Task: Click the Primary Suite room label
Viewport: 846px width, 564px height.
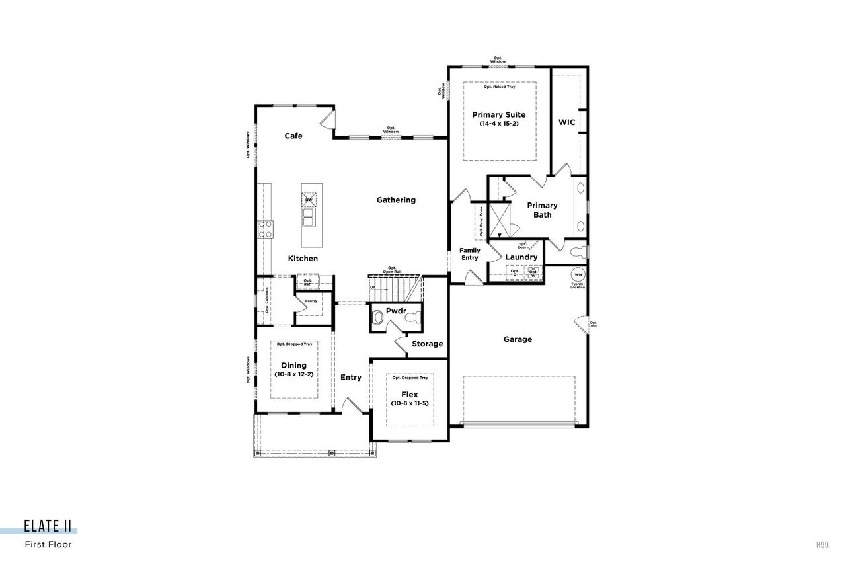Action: click(498, 115)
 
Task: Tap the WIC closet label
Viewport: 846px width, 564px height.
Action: click(566, 122)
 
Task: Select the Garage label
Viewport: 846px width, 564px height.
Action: click(518, 339)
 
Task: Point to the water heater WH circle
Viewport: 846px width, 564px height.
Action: click(578, 274)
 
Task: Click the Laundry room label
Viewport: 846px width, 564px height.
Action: click(521, 257)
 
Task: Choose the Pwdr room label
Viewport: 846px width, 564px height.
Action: click(396, 310)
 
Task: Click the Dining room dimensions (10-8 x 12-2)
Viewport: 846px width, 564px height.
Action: click(293, 374)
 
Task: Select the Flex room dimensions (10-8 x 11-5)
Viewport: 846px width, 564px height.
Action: click(409, 403)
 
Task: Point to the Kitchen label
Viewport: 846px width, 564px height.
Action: click(302, 258)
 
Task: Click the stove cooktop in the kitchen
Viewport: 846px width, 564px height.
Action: click(266, 229)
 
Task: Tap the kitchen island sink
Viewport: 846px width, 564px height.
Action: click(309, 216)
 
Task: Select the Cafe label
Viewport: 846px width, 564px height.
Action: click(293, 136)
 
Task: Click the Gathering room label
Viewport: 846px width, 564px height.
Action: click(396, 200)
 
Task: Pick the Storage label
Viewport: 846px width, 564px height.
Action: click(427, 344)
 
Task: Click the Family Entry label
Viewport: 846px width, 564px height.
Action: click(470, 254)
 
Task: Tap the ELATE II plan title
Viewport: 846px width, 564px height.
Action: click(48, 526)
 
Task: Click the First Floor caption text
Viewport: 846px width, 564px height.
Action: click(48, 545)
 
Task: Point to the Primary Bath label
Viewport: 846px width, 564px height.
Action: click(542, 210)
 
